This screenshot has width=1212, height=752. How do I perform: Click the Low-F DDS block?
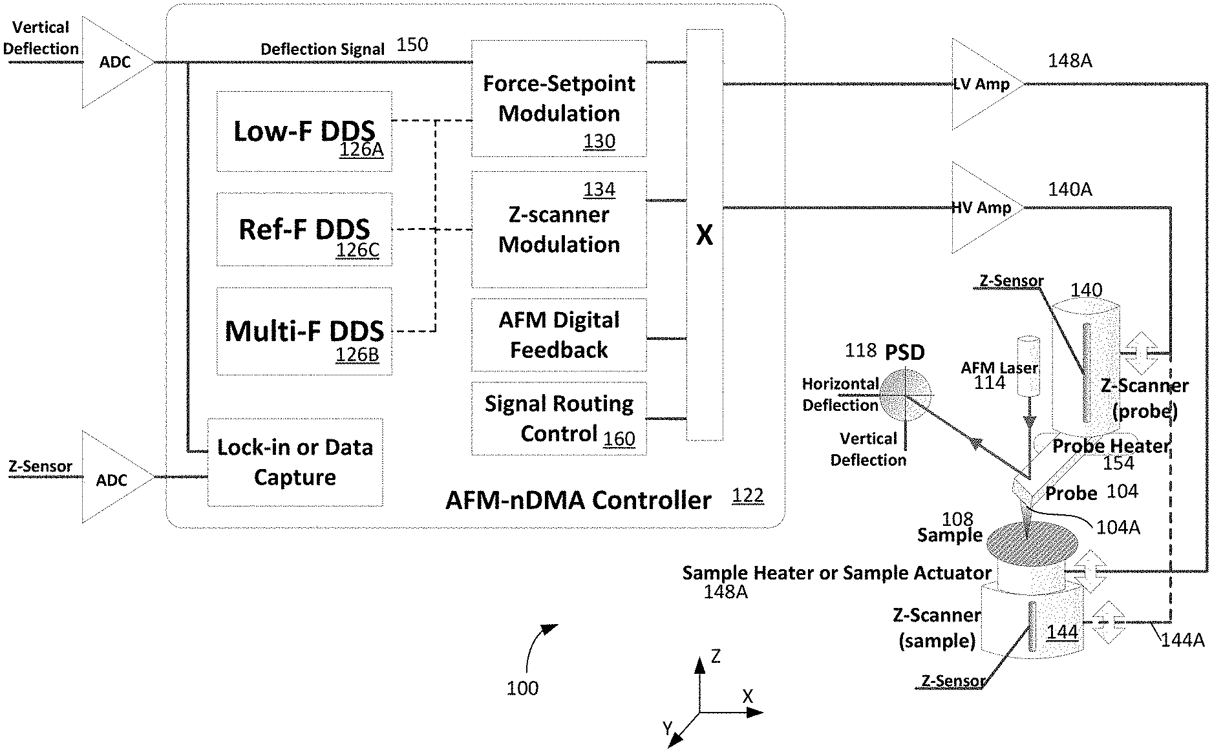[x=304, y=131]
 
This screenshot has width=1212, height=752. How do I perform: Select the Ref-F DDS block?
[x=304, y=229]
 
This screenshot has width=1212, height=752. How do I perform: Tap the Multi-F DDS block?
[x=304, y=331]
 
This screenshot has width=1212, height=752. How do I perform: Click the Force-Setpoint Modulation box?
[x=559, y=98]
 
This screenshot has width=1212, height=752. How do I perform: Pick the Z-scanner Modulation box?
[x=559, y=229]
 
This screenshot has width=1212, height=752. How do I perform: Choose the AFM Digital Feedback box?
[x=559, y=335]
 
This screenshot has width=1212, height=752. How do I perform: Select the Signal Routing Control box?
[x=559, y=418]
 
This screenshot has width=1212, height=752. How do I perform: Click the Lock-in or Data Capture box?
[x=295, y=462]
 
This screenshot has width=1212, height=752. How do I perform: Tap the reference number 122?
[x=748, y=496]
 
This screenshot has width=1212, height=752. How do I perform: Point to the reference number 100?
[x=522, y=688]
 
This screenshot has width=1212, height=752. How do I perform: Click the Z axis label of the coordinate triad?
[x=716, y=657]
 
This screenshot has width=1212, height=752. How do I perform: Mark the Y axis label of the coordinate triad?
[x=668, y=729]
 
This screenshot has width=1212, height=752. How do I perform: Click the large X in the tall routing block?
[x=705, y=235]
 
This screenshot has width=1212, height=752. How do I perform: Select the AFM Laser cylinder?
[x=1027, y=366]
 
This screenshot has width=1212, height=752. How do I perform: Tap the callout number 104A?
[x=1118, y=528]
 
